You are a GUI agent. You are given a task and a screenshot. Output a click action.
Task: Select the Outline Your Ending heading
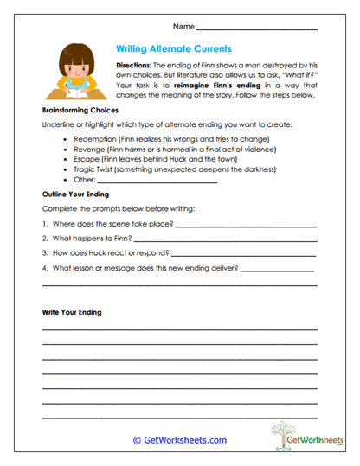77,195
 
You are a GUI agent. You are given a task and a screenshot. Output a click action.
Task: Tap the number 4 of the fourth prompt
44,269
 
